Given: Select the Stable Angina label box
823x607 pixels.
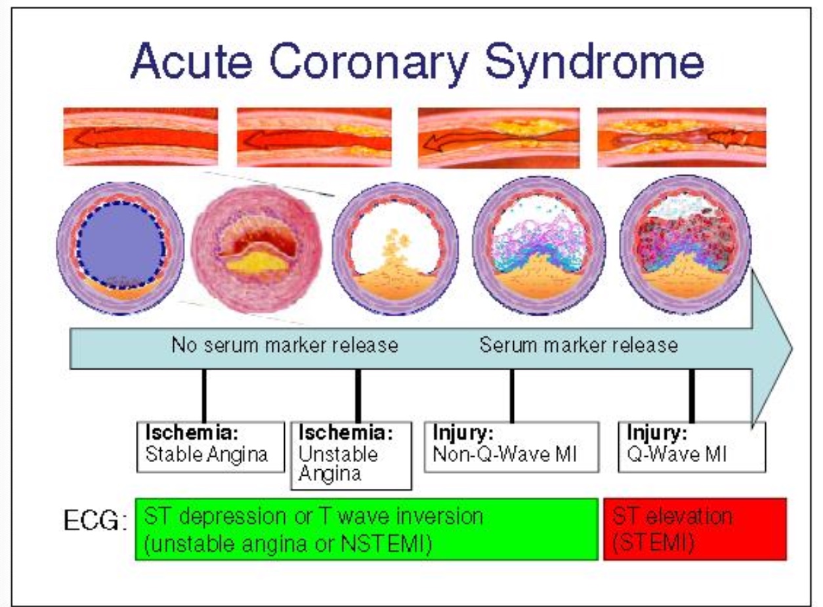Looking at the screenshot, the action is pos(207,447).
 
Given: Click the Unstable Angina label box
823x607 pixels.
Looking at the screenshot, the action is pos(350,455).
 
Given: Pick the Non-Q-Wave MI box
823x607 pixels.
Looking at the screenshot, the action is pos(511,446).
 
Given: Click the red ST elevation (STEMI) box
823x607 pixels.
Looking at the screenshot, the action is pos(694,529).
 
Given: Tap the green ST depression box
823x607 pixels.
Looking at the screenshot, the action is pos(366,529).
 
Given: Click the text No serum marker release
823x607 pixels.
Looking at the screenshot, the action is pos(285,345).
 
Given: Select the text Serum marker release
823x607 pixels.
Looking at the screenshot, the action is pos(578,345).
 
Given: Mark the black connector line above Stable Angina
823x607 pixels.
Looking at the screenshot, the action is pos(205,395).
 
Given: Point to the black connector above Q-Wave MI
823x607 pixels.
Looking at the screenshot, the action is pos(691,395).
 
